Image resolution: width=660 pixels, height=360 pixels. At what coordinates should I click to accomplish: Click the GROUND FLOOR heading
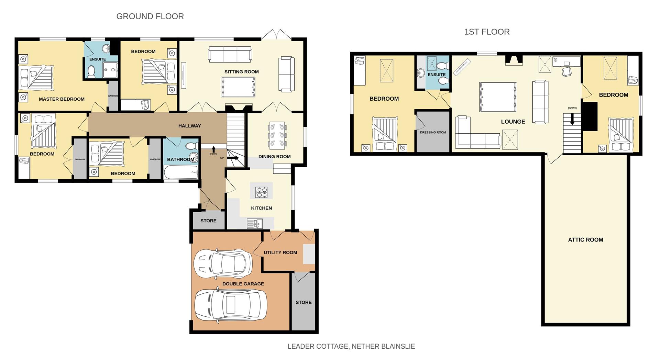(150, 16)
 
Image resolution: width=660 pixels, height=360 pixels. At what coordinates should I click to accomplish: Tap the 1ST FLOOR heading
(487, 32)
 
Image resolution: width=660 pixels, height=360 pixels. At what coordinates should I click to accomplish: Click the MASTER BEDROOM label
(62, 99)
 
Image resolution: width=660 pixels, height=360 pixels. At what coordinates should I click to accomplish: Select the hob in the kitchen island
(261, 192)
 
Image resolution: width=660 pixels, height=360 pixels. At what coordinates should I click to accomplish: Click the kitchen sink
(254, 224)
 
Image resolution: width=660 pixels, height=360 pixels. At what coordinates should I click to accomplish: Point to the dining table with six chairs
(277, 135)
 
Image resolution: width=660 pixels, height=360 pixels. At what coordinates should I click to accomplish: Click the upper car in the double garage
(222, 264)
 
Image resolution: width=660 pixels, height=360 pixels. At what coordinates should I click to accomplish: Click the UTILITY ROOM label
(280, 252)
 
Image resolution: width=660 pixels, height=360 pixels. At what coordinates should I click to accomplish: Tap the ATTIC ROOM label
(585, 240)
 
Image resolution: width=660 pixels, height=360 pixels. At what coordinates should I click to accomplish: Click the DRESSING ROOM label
(433, 132)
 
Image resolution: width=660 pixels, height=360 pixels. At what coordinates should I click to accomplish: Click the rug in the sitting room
(238, 87)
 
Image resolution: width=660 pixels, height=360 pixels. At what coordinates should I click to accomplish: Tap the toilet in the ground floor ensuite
(91, 72)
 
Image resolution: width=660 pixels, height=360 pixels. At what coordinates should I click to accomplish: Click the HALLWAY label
(189, 126)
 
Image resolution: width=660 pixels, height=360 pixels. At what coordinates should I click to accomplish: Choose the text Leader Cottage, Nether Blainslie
(351, 346)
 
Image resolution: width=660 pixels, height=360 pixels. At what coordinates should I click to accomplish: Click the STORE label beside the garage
(304, 302)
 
